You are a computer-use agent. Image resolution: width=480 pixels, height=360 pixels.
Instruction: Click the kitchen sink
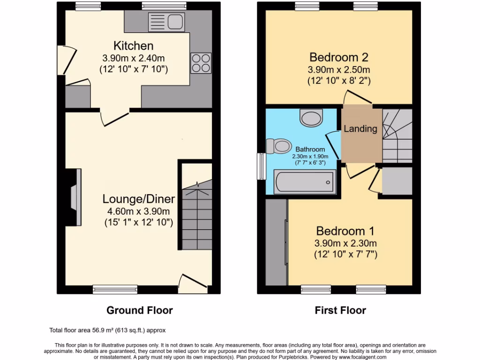(x=165, y=21)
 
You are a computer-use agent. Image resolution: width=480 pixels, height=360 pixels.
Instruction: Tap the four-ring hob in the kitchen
(x=201, y=62)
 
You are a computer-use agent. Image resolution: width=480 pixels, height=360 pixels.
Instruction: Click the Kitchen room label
(x=134, y=46)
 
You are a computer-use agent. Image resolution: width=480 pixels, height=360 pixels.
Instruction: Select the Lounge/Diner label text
(x=139, y=199)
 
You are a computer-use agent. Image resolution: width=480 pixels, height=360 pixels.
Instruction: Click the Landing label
(x=360, y=129)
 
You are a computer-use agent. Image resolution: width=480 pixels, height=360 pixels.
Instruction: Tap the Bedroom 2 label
(x=339, y=57)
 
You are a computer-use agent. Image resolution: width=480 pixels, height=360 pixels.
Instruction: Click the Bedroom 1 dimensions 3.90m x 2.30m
(x=345, y=243)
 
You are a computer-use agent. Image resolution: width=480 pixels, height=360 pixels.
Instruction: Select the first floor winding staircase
(x=397, y=136)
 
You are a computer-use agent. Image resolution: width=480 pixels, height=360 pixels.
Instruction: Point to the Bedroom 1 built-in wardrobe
(x=277, y=242)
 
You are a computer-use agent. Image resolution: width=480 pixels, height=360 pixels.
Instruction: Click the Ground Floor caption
(x=140, y=310)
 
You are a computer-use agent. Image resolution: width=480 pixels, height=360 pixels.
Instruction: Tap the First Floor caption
(x=340, y=310)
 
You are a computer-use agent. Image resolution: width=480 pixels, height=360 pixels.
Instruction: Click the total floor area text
(x=107, y=330)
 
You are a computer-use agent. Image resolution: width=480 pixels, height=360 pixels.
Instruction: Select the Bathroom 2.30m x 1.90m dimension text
(x=310, y=157)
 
